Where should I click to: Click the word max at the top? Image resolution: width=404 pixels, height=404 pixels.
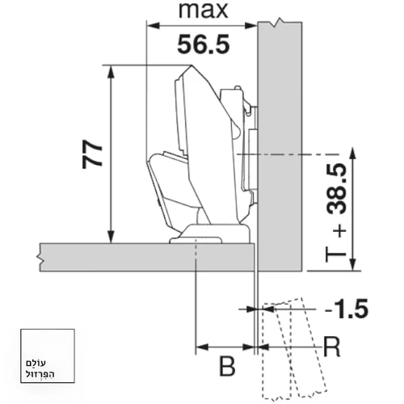204,11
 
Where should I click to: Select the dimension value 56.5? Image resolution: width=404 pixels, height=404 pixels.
204,44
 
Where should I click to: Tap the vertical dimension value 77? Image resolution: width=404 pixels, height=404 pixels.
92,154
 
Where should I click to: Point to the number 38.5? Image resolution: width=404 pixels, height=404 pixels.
337,189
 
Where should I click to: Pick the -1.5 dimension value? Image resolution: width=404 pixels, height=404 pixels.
347,309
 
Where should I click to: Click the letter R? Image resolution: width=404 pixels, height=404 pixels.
332,347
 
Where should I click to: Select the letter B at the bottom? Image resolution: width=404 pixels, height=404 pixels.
227,366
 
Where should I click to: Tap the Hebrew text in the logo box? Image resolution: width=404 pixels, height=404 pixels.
40,368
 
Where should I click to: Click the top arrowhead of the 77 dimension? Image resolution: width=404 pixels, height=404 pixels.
111,72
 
